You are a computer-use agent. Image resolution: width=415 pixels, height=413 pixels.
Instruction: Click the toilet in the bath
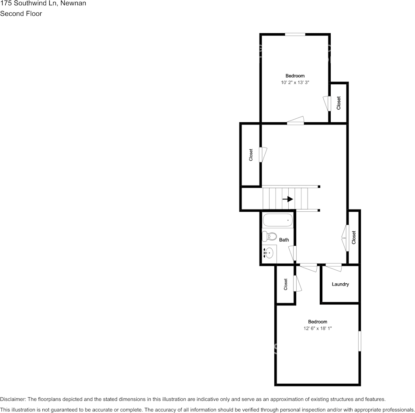click(270, 237)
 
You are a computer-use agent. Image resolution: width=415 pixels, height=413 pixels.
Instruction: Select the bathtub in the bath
click(277, 220)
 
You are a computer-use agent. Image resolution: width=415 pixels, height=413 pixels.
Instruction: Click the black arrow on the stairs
click(287, 199)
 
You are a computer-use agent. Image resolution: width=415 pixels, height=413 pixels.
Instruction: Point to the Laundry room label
click(340, 284)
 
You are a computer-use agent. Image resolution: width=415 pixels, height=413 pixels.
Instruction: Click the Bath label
click(284, 240)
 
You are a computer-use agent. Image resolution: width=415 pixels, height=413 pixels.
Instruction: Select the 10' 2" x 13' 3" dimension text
click(295, 82)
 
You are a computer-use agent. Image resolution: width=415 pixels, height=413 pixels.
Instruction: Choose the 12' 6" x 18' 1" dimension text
click(317, 328)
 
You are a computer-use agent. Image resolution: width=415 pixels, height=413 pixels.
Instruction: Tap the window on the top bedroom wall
click(295, 34)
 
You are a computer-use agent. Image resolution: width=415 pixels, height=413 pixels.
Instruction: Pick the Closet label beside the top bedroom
click(339, 103)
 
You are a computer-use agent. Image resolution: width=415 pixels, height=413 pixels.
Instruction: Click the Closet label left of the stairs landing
click(251, 155)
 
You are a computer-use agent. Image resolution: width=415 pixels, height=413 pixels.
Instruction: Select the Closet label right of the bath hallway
click(354, 237)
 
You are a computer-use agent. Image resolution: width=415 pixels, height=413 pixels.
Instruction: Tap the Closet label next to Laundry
click(286, 284)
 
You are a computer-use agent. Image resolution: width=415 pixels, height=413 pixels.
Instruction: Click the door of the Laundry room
click(334, 266)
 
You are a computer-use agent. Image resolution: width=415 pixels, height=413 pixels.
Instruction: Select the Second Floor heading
click(21, 14)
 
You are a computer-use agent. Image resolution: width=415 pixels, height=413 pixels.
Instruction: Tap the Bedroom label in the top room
click(295, 76)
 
